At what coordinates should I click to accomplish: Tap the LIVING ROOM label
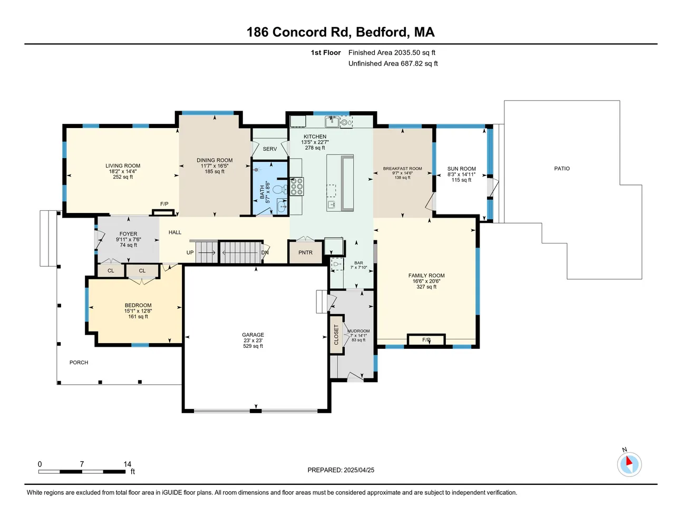pyautogui.click(x=123, y=165)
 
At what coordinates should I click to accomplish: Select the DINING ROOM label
pyautogui.click(x=215, y=160)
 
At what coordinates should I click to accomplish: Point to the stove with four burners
pyautogui.click(x=297, y=187)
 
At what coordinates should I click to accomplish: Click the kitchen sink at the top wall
pyautogui.click(x=332, y=122)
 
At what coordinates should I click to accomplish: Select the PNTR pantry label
pyautogui.click(x=305, y=252)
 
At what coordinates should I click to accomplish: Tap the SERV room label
pyautogui.click(x=270, y=149)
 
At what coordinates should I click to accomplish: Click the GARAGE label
pyautogui.click(x=253, y=335)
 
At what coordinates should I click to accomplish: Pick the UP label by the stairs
pyautogui.click(x=190, y=252)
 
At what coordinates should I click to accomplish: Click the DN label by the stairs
pyautogui.click(x=265, y=252)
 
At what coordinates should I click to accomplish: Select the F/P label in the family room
pyautogui.click(x=426, y=340)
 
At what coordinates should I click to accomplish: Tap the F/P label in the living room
pyautogui.click(x=164, y=204)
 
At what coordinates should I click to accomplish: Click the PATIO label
pyautogui.click(x=562, y=169)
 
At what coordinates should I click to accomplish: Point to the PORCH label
pyautogui.click(x=79, y=363)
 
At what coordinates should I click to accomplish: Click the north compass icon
pyautogui.click(x=629, y=464)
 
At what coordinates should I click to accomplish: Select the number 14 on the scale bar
pyautogui.click(x=128, y=464)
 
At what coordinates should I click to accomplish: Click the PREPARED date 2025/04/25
pyautogui.click(x=341, y=470)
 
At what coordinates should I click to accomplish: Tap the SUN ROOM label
pyautogui.click(x=462, y=169)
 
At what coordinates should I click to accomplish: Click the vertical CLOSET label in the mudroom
pyautogui.click(x=336, y=335)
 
